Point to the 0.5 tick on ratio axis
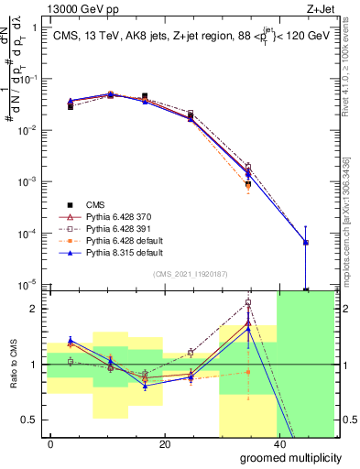[x=29, y=420]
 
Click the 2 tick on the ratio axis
[x=33, y=309]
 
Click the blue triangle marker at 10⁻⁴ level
[x=305, y=243]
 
